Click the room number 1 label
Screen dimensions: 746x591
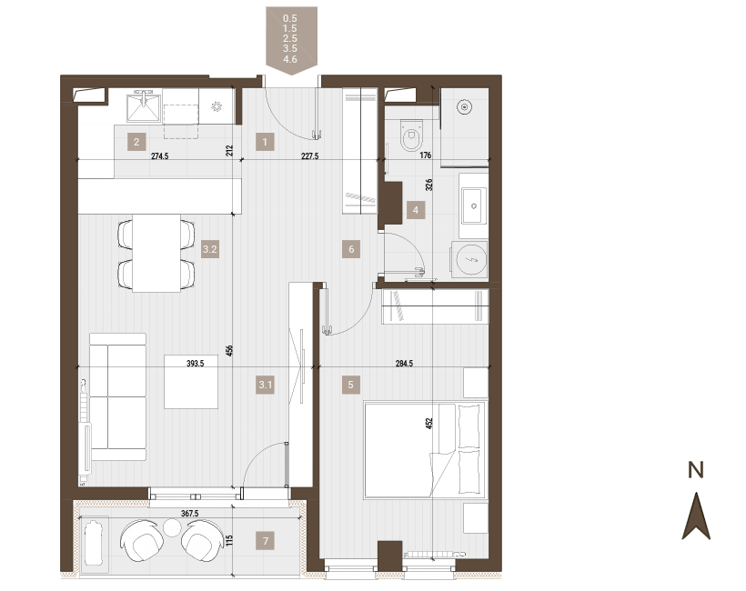265,142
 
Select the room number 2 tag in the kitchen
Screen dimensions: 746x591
136,142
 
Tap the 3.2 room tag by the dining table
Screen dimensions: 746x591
210,249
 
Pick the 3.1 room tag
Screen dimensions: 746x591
265,385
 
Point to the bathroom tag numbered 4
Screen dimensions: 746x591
416,210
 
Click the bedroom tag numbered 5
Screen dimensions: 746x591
350,385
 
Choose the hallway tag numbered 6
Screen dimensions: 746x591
351,249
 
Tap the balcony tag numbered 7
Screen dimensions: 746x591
266,541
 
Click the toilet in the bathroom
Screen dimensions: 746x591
411,135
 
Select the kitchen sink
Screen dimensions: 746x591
144,106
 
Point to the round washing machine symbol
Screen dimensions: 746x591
470,260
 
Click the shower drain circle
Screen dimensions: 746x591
464,107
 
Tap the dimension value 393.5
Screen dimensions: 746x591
195,364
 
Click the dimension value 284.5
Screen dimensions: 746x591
405,364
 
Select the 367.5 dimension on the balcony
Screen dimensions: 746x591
190,514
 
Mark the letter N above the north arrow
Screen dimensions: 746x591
696,470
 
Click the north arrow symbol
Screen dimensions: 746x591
696,516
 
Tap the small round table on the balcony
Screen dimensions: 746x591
172,527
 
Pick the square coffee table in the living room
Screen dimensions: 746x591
191,382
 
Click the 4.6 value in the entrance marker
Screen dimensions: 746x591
289,59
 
